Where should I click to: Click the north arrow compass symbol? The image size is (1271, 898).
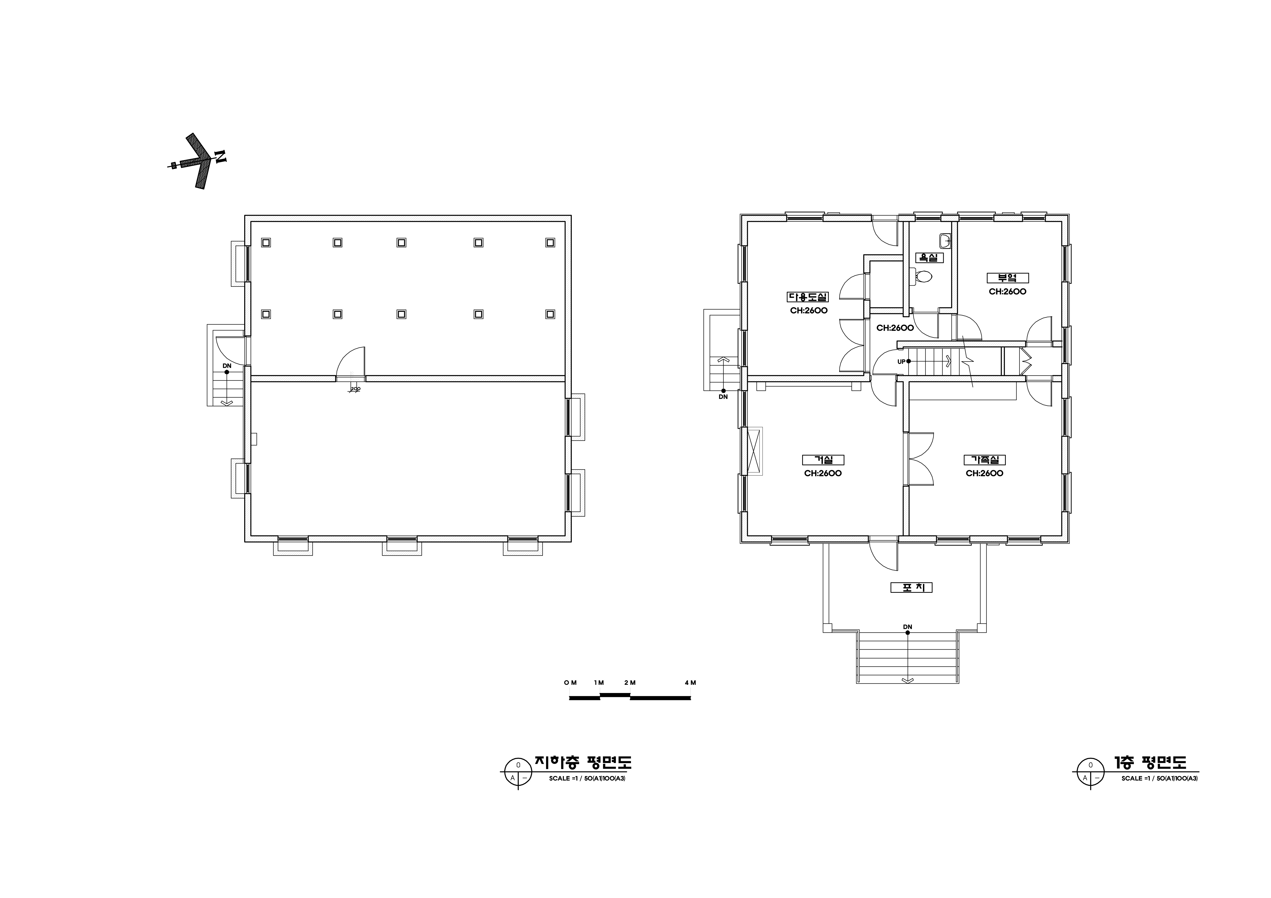pos(198,161)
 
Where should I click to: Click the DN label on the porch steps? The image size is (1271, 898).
pos(907,627)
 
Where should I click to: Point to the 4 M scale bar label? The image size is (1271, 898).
pos(690,683)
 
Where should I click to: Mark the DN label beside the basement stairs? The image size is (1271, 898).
pos(227,366)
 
